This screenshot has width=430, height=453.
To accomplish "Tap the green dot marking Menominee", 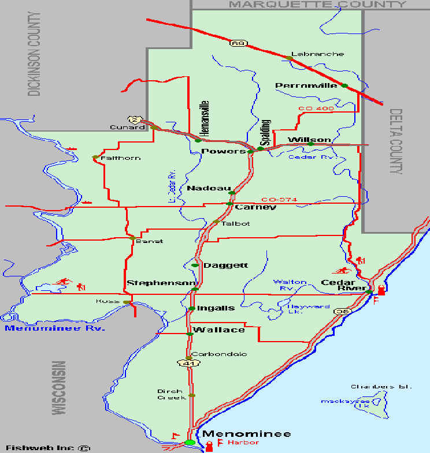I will tap(190, 443).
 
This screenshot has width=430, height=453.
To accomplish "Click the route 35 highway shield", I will tap(343, 311).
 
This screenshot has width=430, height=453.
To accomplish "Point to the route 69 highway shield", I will tap(236, 43).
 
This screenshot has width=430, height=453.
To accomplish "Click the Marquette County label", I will tap(318, 5).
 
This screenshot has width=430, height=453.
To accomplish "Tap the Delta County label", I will tap(396, 141).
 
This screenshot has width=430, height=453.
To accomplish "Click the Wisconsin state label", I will tap(58, 388).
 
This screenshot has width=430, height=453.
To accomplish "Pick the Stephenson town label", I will tap(162, 283).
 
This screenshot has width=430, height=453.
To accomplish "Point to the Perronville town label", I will tap(306, 86).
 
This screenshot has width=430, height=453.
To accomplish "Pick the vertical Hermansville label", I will tap(204, 118).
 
